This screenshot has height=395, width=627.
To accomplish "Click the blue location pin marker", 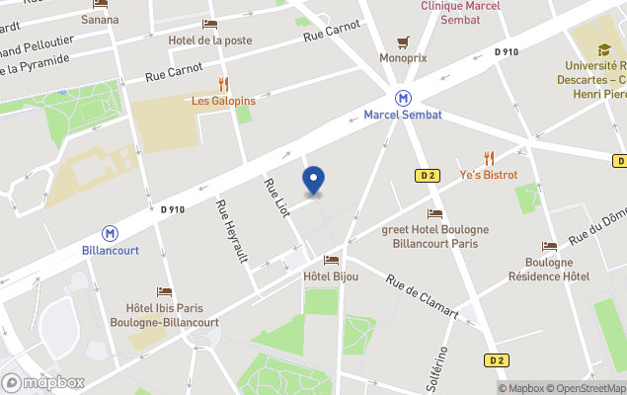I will (313, 181).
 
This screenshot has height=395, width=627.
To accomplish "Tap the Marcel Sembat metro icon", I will (403, 98).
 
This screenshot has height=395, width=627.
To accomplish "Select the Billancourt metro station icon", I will (111, 233).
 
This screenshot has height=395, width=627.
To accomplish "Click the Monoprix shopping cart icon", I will (403, 41).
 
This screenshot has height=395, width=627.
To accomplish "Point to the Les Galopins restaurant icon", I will (223, 84).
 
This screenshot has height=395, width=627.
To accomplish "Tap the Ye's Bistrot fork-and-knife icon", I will (489, 158).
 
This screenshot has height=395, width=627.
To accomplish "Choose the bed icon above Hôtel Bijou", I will (331, 260).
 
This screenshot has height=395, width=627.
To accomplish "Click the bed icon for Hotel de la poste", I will (209, 24).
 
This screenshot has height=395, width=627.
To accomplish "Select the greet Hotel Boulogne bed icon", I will (434, 213).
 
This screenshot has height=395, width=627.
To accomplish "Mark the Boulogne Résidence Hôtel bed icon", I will (549, 246).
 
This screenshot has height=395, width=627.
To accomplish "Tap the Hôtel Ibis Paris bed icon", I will (164, 292).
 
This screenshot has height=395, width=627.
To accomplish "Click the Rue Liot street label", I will (275, 197).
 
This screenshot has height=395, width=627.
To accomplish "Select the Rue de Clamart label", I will (422, 295).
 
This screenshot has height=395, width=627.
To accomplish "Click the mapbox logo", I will (43, 382).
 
